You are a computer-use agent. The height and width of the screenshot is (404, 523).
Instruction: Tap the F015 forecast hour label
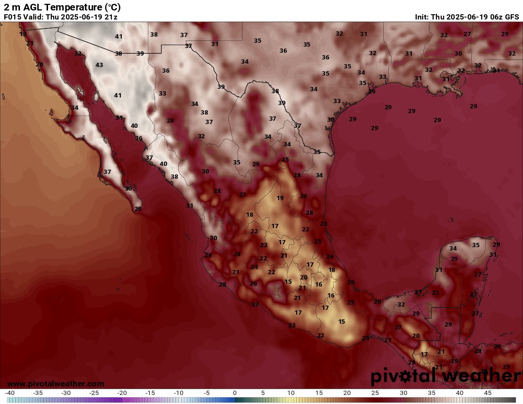coord(13,17)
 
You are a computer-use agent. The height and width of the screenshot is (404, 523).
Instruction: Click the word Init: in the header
coord(422,17)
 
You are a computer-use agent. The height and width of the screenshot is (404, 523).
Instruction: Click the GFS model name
coord(512,17)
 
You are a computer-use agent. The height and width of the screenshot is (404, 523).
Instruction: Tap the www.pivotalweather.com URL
coord(56,384)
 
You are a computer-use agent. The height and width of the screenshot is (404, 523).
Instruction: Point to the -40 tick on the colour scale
coord(10,393)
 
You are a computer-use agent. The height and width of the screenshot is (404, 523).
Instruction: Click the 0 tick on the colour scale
coord(235,393)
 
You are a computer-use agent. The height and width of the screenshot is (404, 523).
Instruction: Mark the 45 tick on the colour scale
coord(488,393)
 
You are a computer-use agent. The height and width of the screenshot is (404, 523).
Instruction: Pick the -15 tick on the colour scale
coord(150,393)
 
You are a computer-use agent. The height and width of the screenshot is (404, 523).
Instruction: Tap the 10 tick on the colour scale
coord(291,393)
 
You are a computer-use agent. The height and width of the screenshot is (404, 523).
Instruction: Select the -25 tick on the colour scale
coord(94,393)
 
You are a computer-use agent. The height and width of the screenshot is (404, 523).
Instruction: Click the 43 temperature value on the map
coord(99,65)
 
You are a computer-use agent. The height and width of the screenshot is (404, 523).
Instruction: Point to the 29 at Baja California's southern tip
coord(138,209)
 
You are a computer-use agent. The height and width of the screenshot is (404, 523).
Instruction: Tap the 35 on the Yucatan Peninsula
coord(476,245)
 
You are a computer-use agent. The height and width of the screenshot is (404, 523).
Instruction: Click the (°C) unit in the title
coord(112,7)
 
